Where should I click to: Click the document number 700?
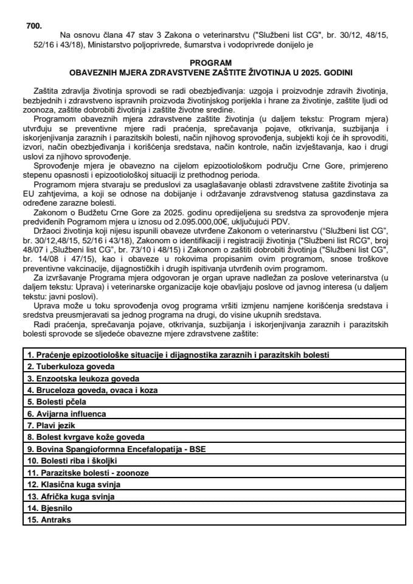click(34, 26)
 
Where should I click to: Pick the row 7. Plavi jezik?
click(52, 425)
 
